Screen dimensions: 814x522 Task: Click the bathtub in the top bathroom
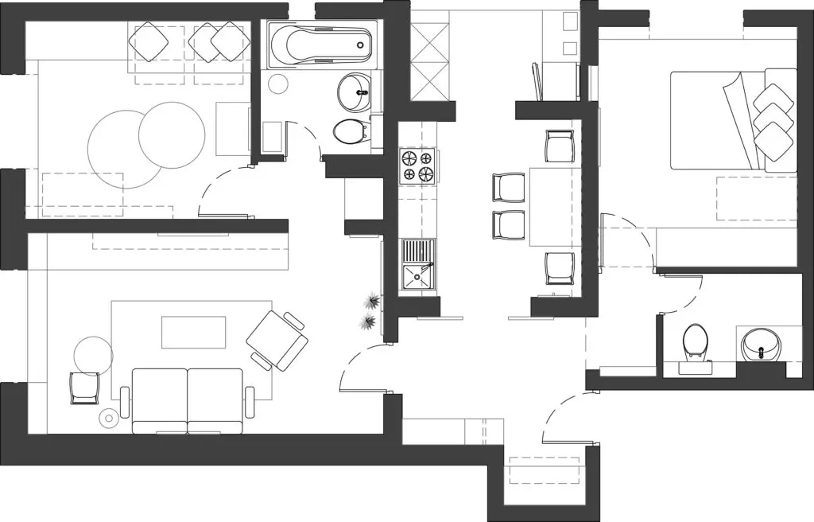[x=320, y=46]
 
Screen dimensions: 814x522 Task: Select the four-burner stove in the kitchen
[x=418, y=165]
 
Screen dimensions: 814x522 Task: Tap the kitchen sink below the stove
[x=418, y=267]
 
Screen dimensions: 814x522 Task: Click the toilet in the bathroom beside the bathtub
[x=348, y=131]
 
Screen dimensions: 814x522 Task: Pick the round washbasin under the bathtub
[x=355, y=92]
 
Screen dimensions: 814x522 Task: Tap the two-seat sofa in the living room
[x=188, y=399]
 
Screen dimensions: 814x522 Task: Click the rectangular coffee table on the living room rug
[x=194, y=332]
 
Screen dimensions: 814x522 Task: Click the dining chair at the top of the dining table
[x=560, y=146]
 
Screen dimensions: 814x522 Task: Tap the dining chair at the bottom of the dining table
[x=560, y=268]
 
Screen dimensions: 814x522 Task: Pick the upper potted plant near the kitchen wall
[x=371, y=301]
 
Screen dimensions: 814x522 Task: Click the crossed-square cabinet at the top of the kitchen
[x=432, y=56]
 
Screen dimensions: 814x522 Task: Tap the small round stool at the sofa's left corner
[x=108, y=416]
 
